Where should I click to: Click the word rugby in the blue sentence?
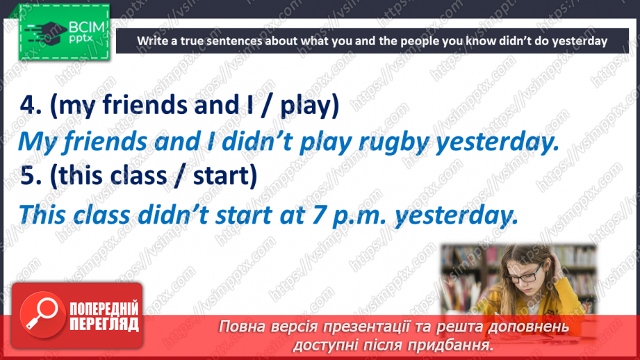[393, 142]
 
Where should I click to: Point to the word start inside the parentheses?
[221, 176]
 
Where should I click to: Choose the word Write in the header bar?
[151, 41]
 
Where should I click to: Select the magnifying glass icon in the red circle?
[42, 313]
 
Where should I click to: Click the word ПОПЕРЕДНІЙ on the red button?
[104, 309]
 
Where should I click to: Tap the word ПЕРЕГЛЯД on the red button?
[104, 324]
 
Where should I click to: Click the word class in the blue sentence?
[101, 215]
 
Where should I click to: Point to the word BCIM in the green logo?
[87, 27]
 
